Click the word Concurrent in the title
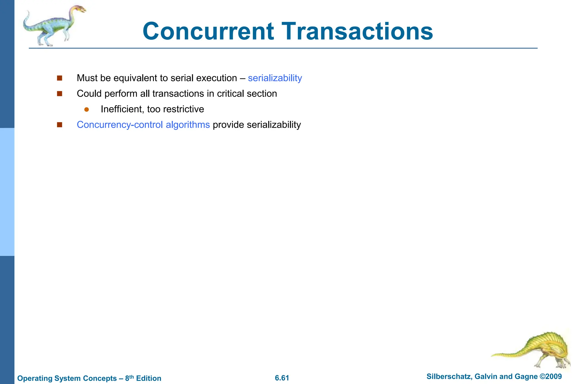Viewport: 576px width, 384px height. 208,31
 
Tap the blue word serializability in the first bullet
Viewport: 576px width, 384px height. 275,78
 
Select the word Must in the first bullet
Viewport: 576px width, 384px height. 87,78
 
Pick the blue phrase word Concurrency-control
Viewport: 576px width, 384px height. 120,125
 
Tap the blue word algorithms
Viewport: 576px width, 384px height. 188,125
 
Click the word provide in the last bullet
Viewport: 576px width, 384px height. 228,125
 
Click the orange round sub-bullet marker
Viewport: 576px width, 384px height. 87,109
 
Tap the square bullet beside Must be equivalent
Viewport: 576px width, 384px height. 59,78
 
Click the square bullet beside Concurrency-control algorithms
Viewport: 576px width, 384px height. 59,125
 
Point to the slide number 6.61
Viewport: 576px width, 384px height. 282,378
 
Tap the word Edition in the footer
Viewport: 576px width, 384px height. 148,378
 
